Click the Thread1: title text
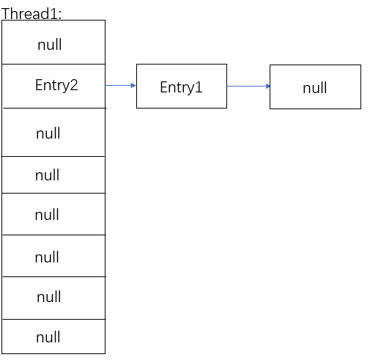click(32, 13)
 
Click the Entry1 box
click(181, 87)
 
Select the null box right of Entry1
click(315, 87)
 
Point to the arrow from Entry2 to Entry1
click(120, 86)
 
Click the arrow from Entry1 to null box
click(248, 86)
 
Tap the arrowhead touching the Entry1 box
click(133, 86)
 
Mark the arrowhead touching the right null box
click(267, 86)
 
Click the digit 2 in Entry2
click(74, 85)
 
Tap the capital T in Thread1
click(6, 13)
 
